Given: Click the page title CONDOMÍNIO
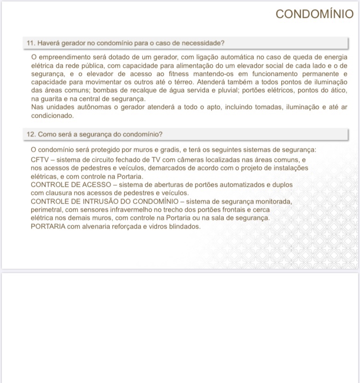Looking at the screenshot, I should pyautogui.click(x=314, y=14).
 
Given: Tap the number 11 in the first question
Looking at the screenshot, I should pyautogui.click(x=30, y=43).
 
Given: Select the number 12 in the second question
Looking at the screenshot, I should pyautogui.click(x=30, y=134).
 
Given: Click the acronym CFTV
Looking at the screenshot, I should pyautogui.click(x=39, y=159).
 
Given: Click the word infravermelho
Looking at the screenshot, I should pyautogui.click(x=138, y=210).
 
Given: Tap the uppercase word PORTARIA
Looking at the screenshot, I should pyautogui.click(x=48, y=227).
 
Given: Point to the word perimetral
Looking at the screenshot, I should pyautogui.click(x=48, y=210).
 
